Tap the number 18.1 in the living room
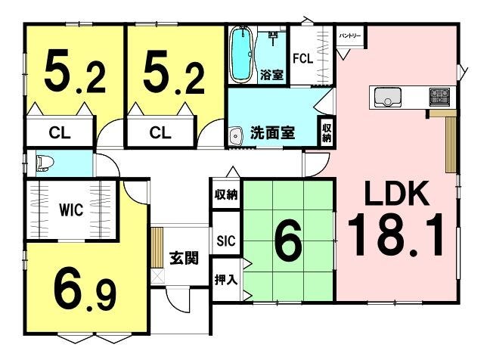pyautogui.click(x=395, y=234)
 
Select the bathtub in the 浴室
pyautogui.click(x=240, y=56)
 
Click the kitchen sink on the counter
pyautogui.click(x=388, y=98)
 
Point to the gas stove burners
pyautogui.click(x=439, y=95)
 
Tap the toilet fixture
pyautogui.click(x=45, y=164)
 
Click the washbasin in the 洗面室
pyautogui.click(x=236, y=136)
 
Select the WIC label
pyautogui.click(x=71, y=209)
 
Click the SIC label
pyautogui.click(x=226, y=241)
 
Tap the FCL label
pyautogui.click(x=302, y=58)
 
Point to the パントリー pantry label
pyautogui.click(x=350, y=36)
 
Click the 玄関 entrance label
pyautogui.click(x=184, y=259)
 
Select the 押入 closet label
pyautogui.click(x=226, y=280)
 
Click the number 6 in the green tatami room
pyautogui.click(x=288, y=240)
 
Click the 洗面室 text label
pyautogui.click(x=272, y=133)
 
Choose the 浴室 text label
pyautogui.click(x=271, y=76)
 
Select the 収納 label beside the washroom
pyautogui.click(x=327, y=132)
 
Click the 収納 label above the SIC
pyautogui.click(x=226, y=194)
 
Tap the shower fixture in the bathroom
pyautogui.click(x=273, y=37)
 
